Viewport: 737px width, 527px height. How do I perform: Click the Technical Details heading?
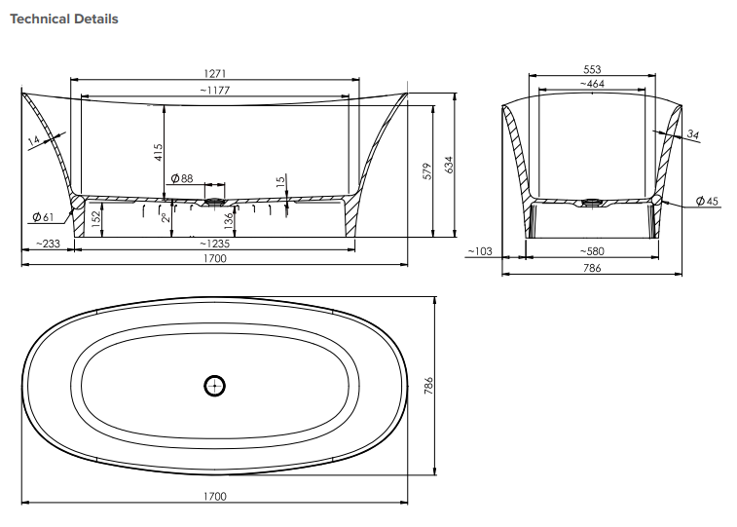(64, 19)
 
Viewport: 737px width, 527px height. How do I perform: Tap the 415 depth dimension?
(159, 153)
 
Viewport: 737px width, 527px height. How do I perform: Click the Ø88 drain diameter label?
(182, 178)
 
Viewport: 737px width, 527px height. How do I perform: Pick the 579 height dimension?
(427, 171)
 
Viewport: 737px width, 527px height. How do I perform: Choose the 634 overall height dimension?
(449, 166)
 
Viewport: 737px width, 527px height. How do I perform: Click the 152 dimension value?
(94, 219)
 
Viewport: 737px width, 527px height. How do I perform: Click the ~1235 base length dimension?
(214, 244)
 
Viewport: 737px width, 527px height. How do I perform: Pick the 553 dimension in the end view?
(592, 69)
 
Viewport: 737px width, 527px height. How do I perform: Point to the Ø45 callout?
(707, 201)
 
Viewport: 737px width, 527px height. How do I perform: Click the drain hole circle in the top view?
(214, 386)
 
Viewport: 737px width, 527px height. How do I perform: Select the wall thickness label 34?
(692, 134)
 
